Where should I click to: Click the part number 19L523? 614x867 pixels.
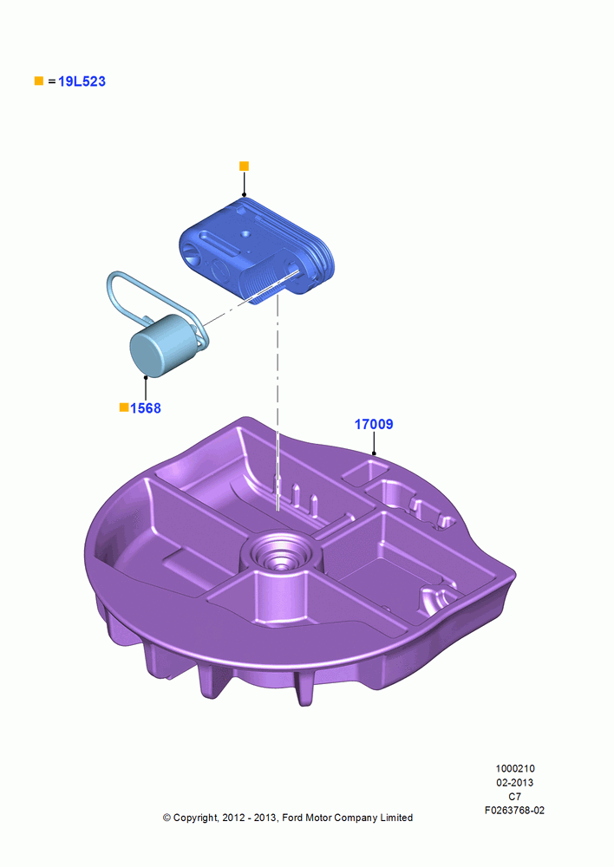(82, 81)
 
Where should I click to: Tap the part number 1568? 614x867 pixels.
(146, 408)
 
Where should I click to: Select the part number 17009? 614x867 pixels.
(374, 424)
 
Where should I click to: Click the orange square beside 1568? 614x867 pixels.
(124, 407)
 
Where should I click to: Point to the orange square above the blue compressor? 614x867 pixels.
(244, 166)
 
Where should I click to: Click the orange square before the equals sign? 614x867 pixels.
(39, 81)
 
